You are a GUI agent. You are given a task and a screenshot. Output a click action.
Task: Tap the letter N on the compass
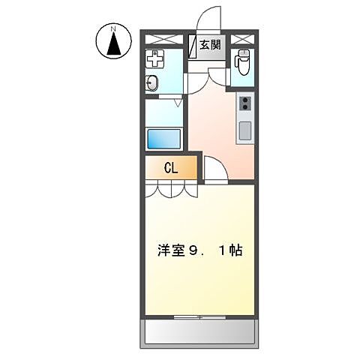(x=113, y=30)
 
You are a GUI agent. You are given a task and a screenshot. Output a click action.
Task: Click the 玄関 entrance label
(x=211, y=45)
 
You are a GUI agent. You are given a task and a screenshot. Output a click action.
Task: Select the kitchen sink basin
(x=244, y=130)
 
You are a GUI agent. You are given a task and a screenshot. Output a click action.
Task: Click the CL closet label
(x=171, y=169)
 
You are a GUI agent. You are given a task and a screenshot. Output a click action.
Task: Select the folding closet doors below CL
(x=171, y=189)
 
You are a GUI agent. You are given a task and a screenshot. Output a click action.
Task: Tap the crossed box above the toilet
(x=241, y=39)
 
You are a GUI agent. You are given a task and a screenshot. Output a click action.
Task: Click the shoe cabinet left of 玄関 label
(x=192, y=45)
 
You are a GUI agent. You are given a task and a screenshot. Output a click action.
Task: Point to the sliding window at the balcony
(x=199, y=316)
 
